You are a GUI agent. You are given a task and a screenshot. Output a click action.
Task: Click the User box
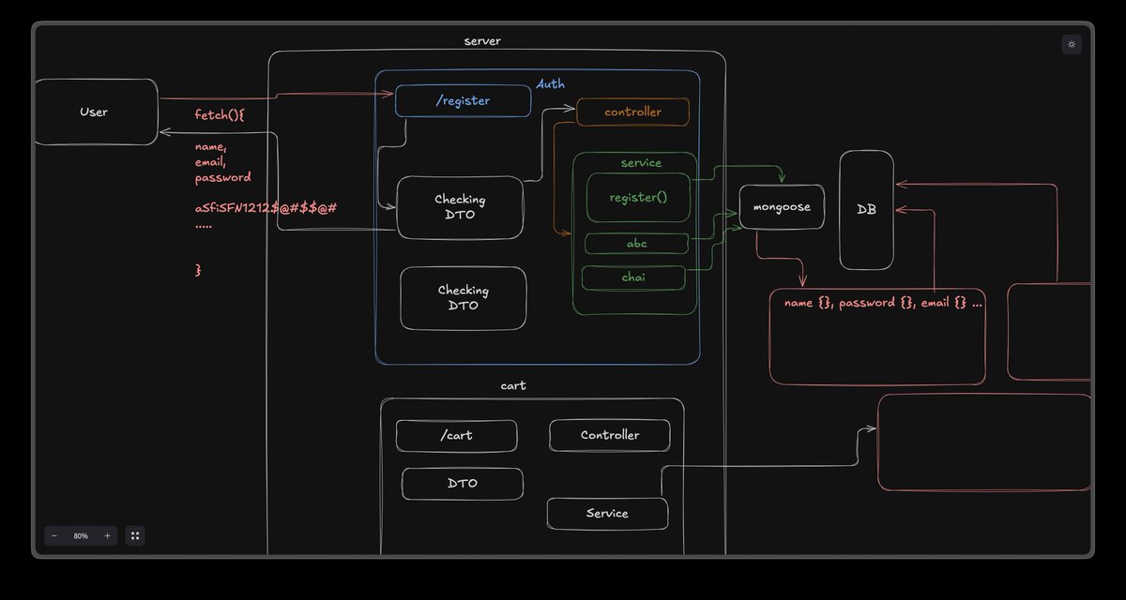click(x=96, y=112)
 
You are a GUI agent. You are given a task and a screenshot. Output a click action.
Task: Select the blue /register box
click(x=463, y=101)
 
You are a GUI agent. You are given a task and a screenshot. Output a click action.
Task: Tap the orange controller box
click(x=632, y=112)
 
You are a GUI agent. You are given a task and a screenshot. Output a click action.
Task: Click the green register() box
click(x=638, y=197)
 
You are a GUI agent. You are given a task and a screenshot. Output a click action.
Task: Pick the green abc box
click(x=636, y=244)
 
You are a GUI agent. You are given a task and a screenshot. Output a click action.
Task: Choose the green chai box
click(x=633, y=277)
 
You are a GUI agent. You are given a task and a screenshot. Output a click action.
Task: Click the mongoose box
click(x=782, y=207)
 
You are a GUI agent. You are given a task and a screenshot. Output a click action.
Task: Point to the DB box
click(x=866, y=210)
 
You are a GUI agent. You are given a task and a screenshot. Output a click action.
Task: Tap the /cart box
click(x=456, y=435)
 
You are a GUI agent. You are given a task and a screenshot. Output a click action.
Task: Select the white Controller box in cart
click(x=610, y=435)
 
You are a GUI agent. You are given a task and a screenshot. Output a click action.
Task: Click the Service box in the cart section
click(x=607, y=513)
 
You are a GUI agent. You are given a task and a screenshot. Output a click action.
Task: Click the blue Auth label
click(x=550, y=83)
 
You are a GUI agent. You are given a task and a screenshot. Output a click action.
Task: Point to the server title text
click(x=482, y=41)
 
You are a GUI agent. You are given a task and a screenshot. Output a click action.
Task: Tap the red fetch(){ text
click(x=220, y=115)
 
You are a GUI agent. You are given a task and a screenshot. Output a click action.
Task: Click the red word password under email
click(x=222, y=178)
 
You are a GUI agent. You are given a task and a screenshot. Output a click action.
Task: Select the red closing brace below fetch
click(x=198, y=270)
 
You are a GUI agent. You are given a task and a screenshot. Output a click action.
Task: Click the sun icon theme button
click(x=1072, y=44)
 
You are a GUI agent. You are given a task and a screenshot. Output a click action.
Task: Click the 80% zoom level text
click(x=81, y=536)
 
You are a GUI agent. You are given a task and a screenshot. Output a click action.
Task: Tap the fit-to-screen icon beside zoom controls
click(x=135, y=535)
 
